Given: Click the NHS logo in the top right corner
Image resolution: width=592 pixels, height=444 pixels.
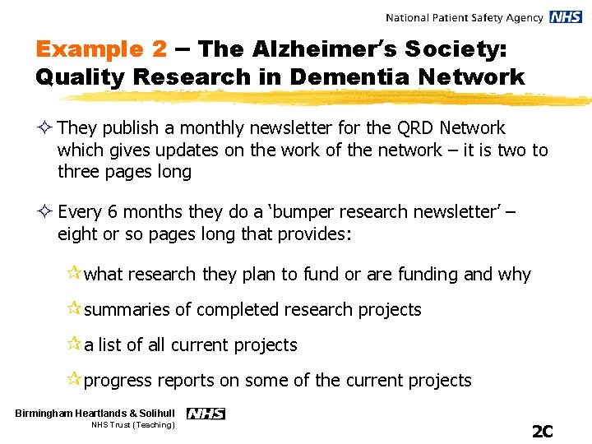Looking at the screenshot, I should (x=566, y=17).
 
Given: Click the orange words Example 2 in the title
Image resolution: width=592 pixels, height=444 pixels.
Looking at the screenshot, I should (x=100, y=49).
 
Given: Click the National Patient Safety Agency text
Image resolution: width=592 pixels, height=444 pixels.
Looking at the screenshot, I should (x=464, y=17).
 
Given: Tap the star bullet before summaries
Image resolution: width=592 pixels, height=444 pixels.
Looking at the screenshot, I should (x=74, y=309).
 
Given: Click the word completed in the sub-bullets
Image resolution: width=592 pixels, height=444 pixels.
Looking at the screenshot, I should (x=238, y=310).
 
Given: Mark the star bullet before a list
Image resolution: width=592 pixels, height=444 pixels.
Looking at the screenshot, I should (x=74, y=345).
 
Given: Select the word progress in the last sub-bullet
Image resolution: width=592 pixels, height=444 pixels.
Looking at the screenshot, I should (x=118, y=381).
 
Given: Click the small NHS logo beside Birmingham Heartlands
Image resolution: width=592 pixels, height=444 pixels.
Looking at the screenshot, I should (x=206, y=414).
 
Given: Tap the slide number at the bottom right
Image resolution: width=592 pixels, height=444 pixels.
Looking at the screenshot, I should (x=542, y=431).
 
